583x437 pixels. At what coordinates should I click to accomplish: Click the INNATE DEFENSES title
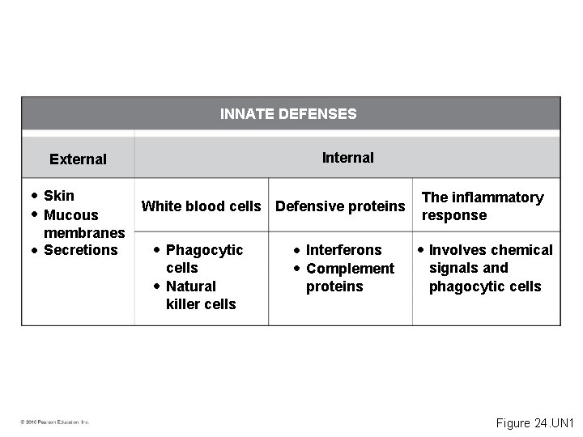click(x=288, y=114)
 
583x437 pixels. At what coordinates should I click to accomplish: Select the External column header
click(x=78, y=159)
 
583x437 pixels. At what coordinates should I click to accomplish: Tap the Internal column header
click(x=348, y=158)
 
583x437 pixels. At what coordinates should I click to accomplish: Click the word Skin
click(x=59, y=195)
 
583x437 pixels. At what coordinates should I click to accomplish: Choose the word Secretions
click(x=80, y=250)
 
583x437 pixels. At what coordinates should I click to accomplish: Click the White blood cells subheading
click(x=202, y=206)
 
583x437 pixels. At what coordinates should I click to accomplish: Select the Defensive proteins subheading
click(x=340, y=206)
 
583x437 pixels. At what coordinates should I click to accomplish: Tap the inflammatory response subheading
click(x=482, y=206)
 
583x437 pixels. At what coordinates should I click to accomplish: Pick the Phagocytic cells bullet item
click(x=203, y=259)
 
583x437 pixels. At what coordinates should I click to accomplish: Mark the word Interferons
click(x=343, y=250)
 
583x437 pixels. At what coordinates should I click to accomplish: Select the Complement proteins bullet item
click(x=350, y=278)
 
